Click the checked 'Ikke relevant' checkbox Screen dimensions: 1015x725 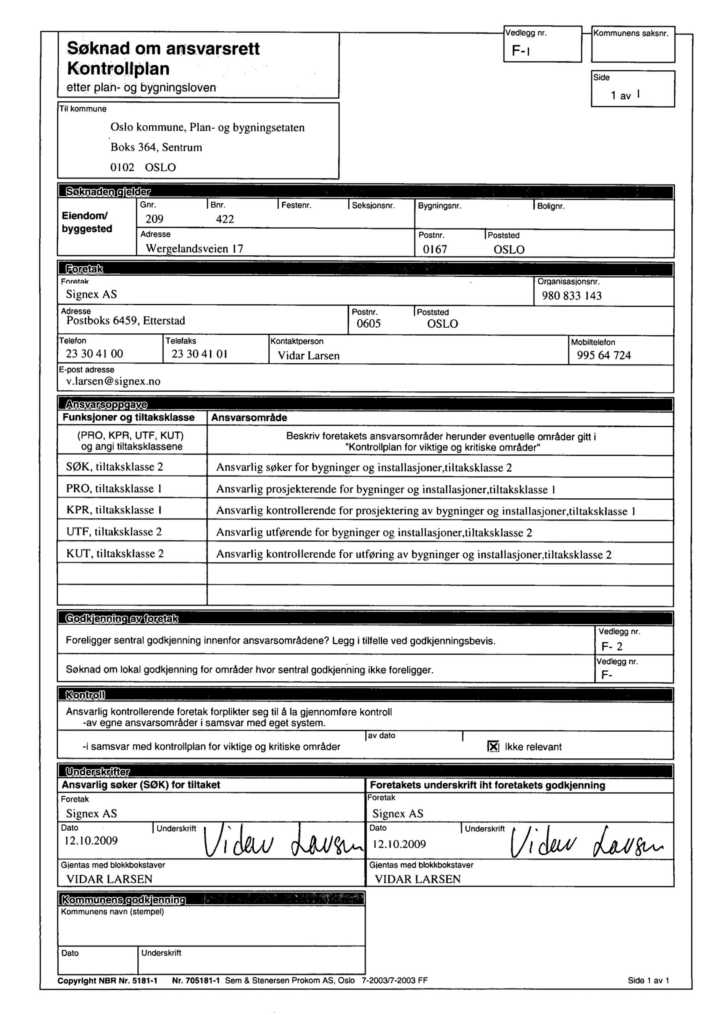(493, 747)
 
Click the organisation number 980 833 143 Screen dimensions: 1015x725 (572, 296)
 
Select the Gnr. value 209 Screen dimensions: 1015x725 (155, 219)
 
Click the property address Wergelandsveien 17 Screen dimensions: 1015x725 (194, 249)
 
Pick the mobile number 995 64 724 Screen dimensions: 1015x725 (604, 355)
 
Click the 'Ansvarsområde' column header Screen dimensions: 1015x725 (249, 418)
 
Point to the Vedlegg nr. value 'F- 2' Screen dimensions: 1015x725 (612, 646)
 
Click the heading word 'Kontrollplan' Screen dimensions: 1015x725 (118, 69)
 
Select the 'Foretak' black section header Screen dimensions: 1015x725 (84, 269)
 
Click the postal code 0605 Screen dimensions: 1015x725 (368, 324)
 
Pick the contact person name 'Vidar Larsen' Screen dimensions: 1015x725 (308, 356)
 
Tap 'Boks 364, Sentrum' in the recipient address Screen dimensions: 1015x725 (156, 147)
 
